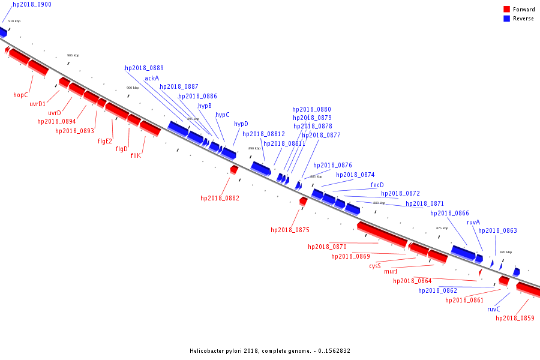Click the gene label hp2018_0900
point(32,4)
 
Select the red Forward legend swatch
point(507,10)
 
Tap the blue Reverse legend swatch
point(507,19)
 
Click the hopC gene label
point(20,95)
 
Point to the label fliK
point(136,155)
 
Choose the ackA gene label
point(152,78)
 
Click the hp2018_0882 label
point(220,198)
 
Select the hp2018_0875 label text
point(290,230)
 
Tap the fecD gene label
point(377,185)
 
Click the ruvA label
point(473,222)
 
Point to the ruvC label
point(494,310)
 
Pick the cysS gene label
point(375,266)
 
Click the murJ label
point(390,271)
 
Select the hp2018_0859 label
point(515,318)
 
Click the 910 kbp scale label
point(14,21)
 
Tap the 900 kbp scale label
point(132,88)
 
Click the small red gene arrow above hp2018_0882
point(233,170)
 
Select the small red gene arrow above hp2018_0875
point(303,201)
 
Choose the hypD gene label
point(241,124)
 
